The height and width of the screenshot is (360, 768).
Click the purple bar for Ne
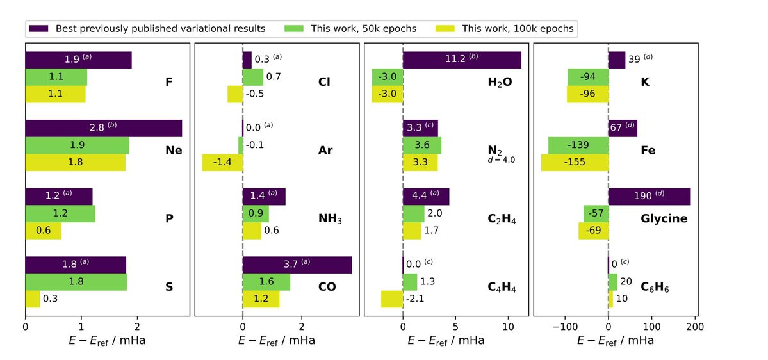pos(103,128)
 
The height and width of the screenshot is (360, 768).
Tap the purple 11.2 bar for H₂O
pos(461,60)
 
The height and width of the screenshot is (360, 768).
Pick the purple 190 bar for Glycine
pos(649,197)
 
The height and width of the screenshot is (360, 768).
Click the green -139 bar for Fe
pos(578,145)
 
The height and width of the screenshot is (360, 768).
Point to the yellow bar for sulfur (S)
pos(32,299)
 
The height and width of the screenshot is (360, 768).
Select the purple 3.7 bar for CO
pos(297,265)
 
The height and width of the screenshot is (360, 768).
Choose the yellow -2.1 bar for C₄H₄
pos(391,299)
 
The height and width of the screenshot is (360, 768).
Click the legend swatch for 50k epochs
pos(293,28)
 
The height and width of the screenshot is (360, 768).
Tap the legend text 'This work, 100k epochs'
pos(518,28)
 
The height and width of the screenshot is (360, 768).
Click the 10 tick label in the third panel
pos(508,326)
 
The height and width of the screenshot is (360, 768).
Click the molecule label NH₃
pos(331,219)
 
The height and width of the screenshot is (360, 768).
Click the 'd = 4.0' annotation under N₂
pos(501,160)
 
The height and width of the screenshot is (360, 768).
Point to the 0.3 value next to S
pos(51,299)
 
